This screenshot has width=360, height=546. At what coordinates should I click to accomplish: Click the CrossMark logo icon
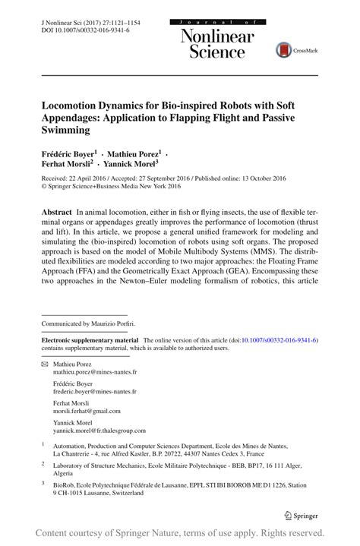coord(284,50)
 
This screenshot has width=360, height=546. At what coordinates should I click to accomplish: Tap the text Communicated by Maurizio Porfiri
coord(94,323)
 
